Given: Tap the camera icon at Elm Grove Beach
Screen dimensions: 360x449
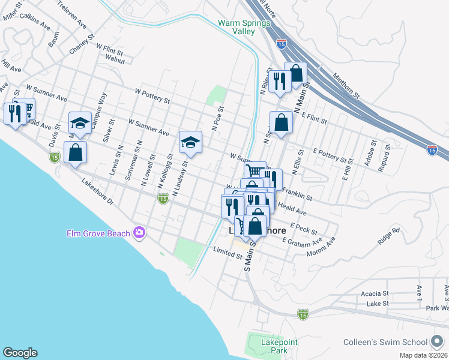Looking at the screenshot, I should point(140,232).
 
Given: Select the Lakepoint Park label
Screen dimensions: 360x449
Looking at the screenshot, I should point(272,346).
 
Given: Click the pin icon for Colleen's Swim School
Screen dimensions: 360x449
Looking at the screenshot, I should point(437,342).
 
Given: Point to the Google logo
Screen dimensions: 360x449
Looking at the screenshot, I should point(20,353).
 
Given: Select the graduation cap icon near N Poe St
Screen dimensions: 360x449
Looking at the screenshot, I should point(190,142).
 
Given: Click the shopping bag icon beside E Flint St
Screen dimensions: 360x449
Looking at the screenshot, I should point(281,123).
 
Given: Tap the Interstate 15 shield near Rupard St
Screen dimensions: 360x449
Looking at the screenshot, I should point(432,150).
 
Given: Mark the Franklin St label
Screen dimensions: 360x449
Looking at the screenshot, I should point(297,194).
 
